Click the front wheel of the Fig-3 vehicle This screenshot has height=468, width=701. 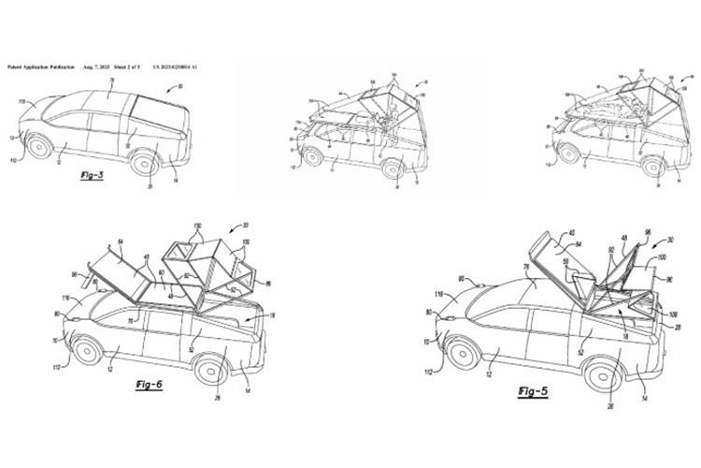click(x=40, y=146)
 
